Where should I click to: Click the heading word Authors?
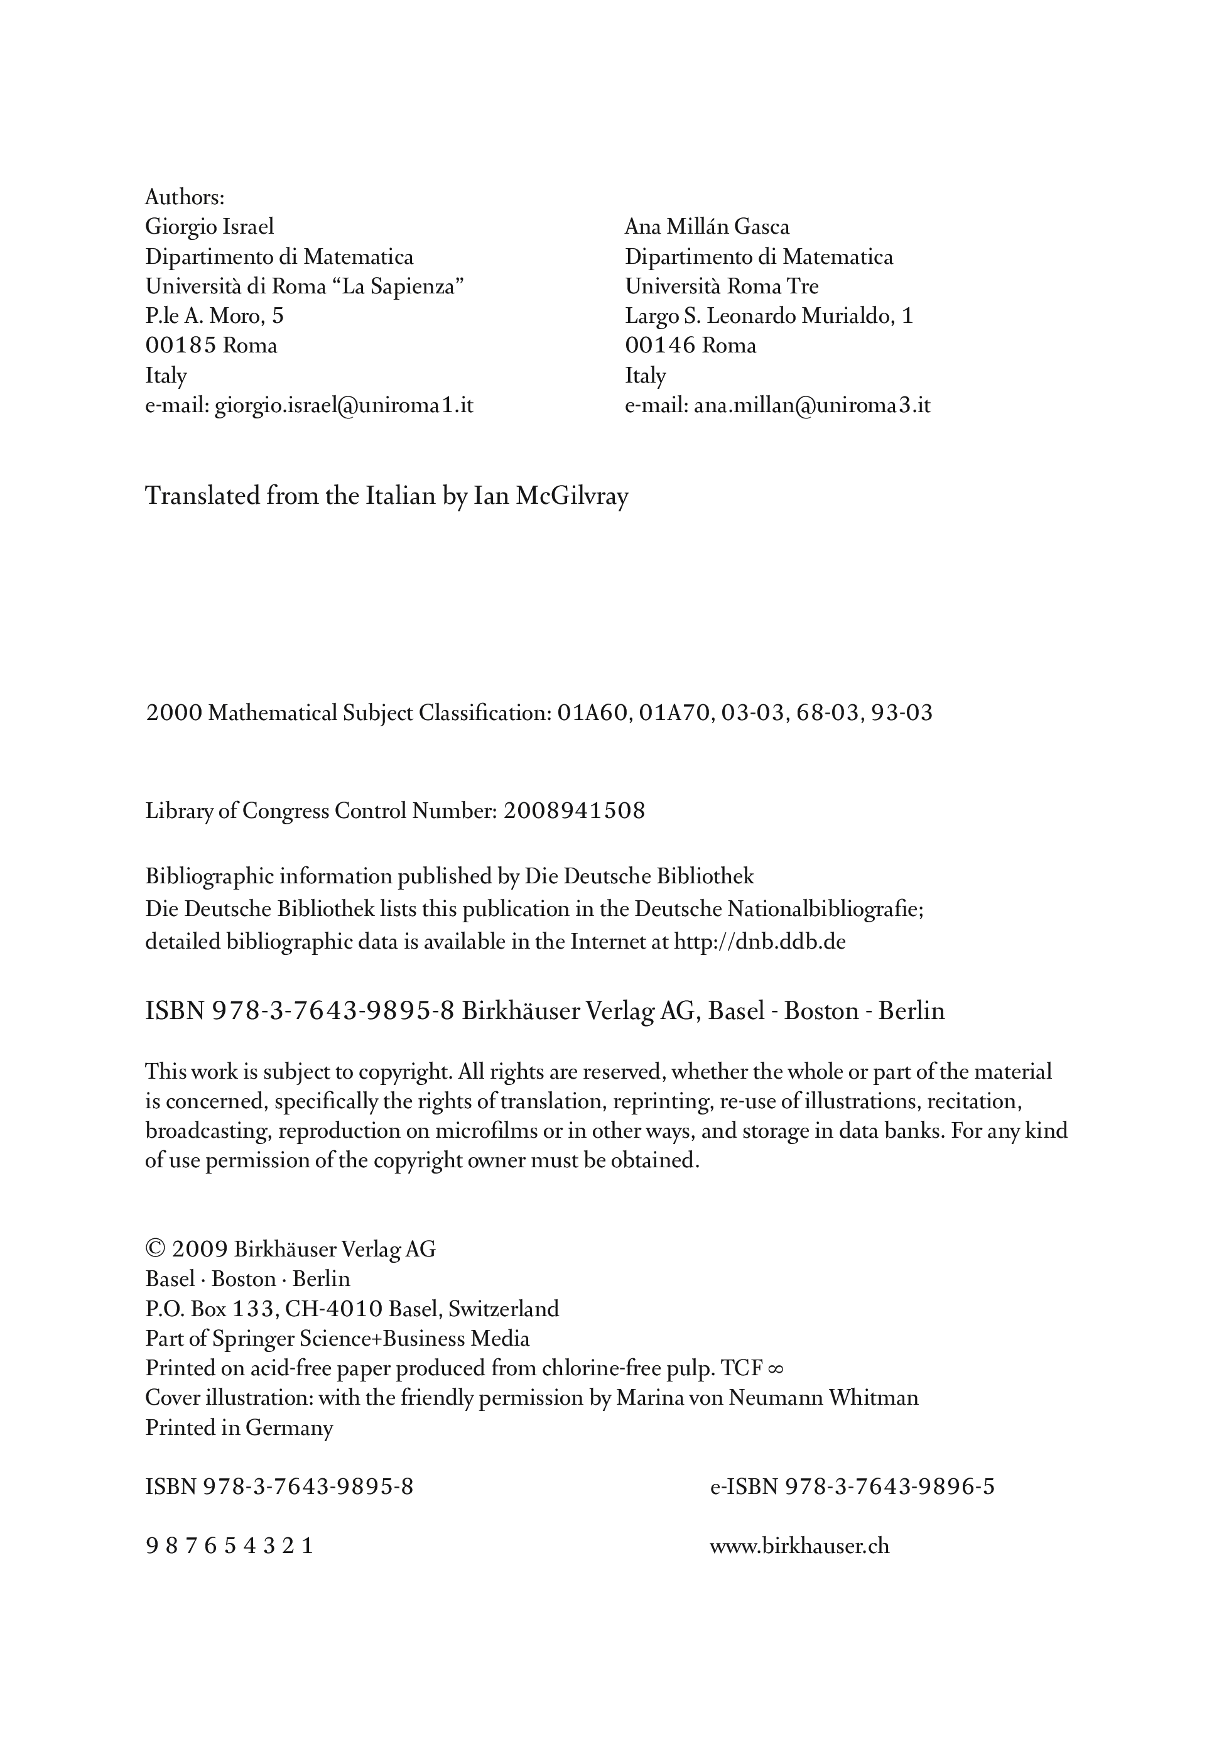(x=185, y=197)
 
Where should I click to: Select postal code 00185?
(x=181, y=346)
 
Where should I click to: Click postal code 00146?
(x=660, y=346)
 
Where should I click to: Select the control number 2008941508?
(x=574, y=811)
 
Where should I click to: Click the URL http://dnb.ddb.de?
(x=759, y=942)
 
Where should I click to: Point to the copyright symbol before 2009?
(x=155, y=1250)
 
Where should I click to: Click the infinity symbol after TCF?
(x=775, y=1369)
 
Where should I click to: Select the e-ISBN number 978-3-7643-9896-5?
(x=889, y=1487)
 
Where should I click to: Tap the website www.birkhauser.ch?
(x=799, y=1547)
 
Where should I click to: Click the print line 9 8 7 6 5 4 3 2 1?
(x=229, y=1547)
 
